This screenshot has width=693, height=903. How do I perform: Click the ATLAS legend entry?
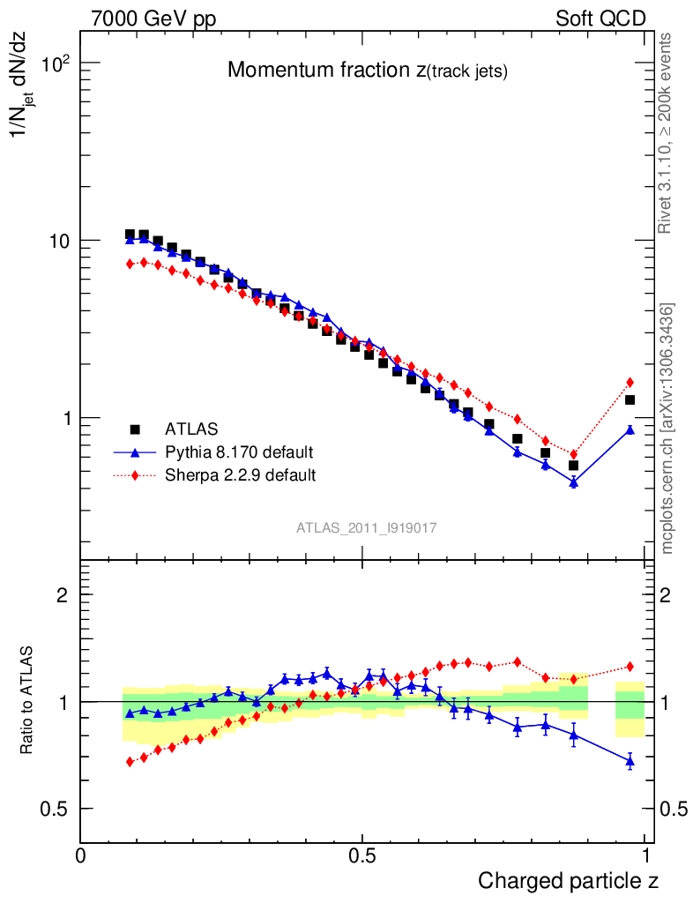tap(190, 429)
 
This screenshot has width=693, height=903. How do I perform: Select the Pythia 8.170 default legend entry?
tap(238, 452)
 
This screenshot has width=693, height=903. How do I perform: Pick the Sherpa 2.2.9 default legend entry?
tap(240, 475)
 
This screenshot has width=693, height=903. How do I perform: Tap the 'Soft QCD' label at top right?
tap(600, 19)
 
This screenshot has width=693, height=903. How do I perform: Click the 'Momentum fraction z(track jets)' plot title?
tap(367, 71)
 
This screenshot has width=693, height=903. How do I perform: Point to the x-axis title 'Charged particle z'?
tap(568, 880)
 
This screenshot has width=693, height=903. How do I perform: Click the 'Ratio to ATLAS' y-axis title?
tap(27, 701)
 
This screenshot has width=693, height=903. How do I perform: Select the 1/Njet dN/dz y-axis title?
tap(26, 88)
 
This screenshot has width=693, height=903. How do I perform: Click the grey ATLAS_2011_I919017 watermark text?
tap(367, 527)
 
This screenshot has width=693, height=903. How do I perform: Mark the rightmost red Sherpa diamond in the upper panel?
tap(630, 382)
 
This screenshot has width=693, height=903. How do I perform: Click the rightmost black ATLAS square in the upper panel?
tap(630, 400)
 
